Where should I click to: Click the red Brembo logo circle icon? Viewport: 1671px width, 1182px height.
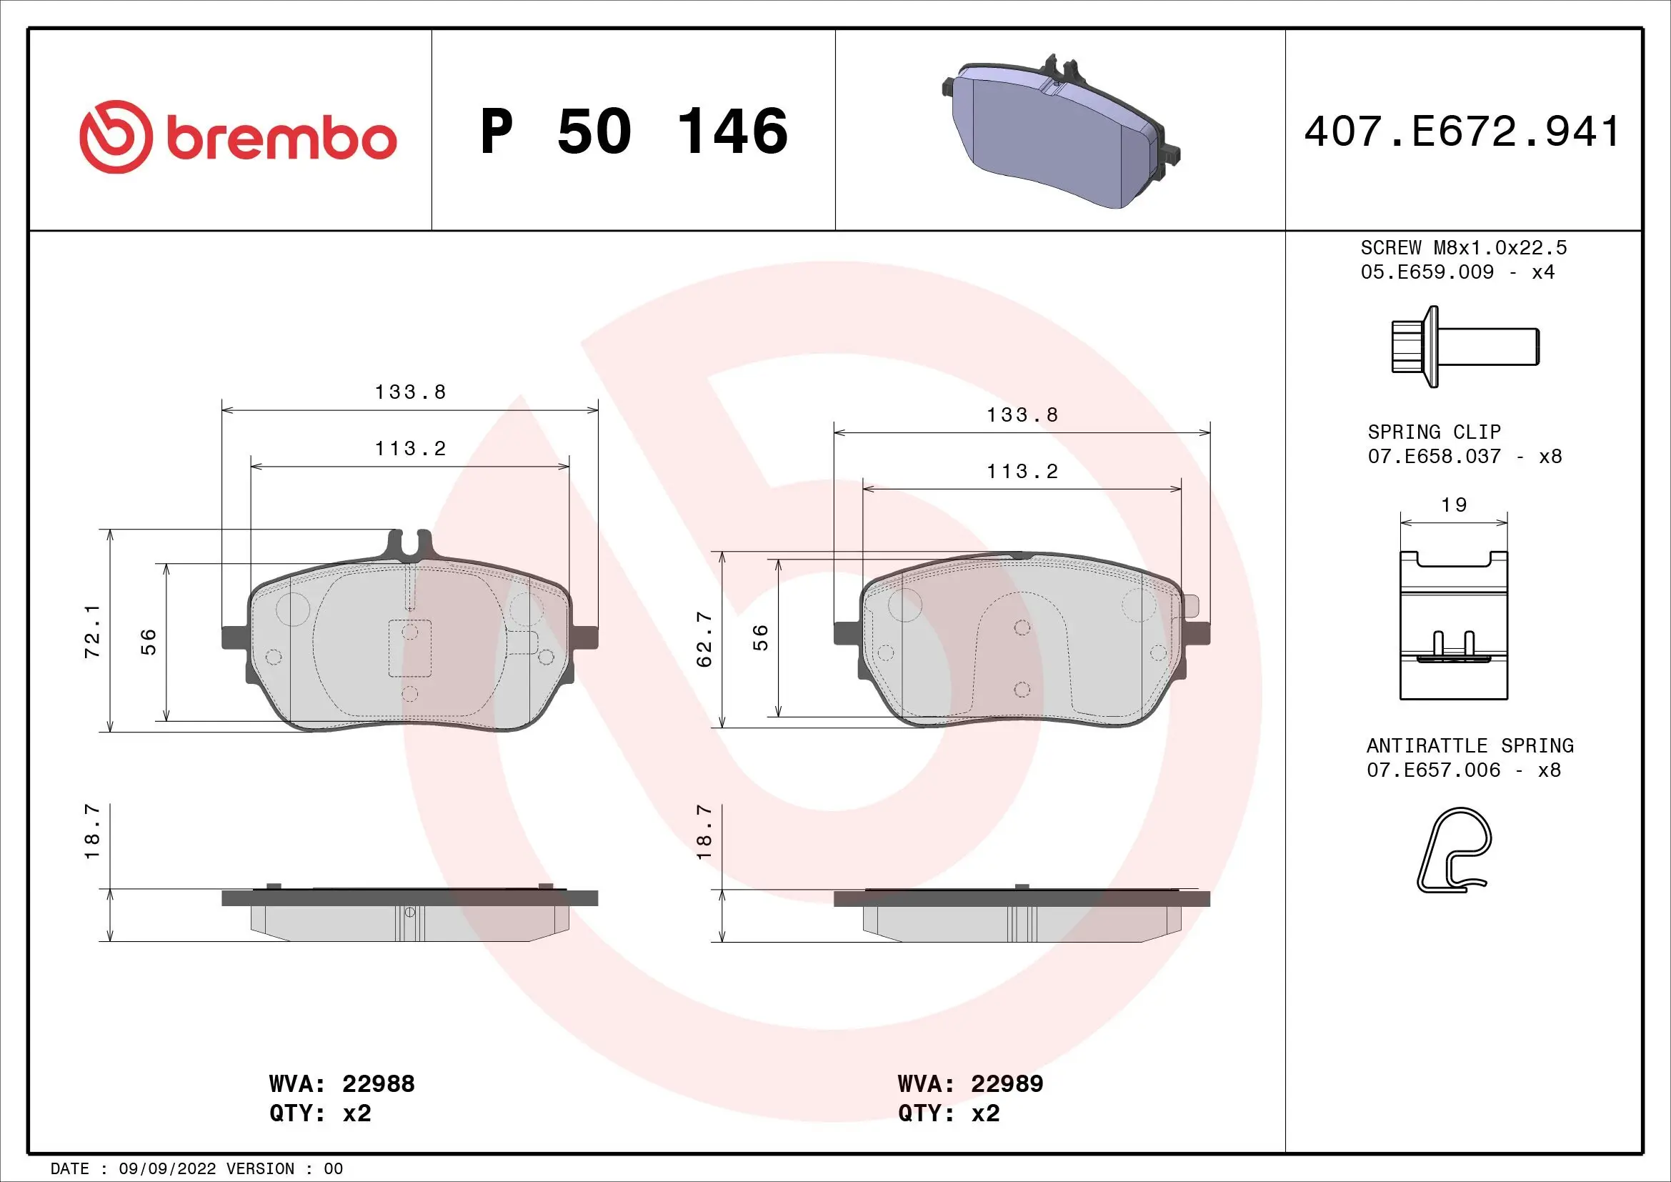coord(116,136)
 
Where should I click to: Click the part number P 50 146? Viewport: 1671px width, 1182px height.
coord(634,131)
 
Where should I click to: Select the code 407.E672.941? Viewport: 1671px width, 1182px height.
coord(1462,131)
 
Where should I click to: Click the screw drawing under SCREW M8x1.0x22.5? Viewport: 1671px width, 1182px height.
coord(1465,347)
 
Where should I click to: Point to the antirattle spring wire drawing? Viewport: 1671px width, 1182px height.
coord(1454,850)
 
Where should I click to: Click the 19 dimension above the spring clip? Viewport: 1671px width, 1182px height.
coord(1454,505)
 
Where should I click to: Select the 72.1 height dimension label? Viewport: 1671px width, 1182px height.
coord(92,632)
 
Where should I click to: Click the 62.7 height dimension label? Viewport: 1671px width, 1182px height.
coord(704,639)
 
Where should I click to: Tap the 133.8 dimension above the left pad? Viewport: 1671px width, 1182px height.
coord(410,392)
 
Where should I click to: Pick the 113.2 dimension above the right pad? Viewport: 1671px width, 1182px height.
coord(1022,472)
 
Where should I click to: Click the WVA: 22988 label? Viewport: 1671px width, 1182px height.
coord(341,1084)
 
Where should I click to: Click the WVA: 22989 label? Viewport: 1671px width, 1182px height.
coord(970,1084)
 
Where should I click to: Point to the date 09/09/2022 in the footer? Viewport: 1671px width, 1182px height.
coord(167,1169)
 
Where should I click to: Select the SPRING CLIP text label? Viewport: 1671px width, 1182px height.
coord(1434,432)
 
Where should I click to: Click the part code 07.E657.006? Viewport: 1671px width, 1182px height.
coord(1433,770)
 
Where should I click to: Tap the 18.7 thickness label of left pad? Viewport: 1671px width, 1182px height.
coord(92,832)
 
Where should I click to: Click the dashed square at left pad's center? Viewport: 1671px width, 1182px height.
coord(410,647)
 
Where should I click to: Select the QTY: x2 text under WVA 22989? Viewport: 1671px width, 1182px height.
coord(948,1113)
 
